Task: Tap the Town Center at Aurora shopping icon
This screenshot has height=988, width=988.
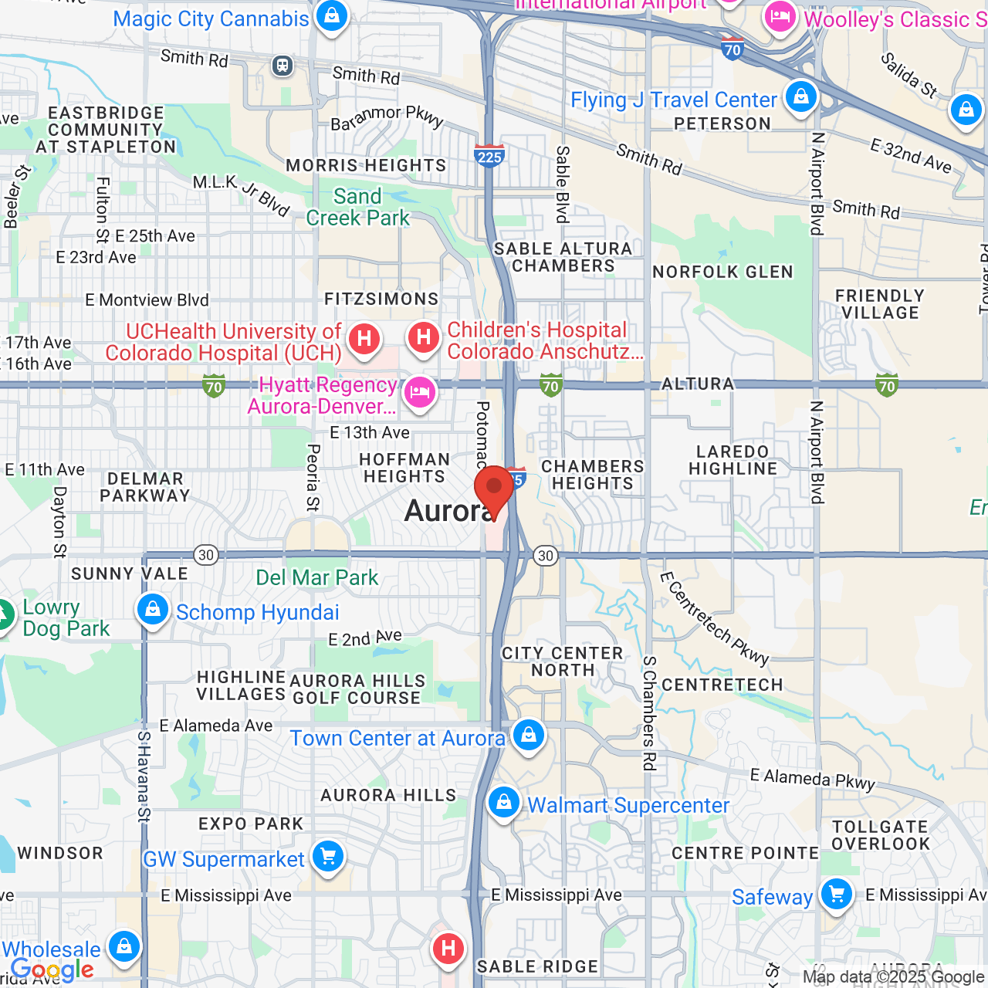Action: click(x=529, y=734)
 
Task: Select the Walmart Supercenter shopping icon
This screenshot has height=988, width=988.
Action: click(x=504, y=802)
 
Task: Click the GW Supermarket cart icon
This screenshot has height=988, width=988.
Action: click(x=328, y=856)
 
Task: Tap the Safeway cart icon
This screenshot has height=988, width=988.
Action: click(x=837, y=894)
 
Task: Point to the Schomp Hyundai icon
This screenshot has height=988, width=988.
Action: click(x=153, y=610)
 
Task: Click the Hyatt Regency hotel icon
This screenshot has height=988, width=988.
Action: click(x=419, y=392)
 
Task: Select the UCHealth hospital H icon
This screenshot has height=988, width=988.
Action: click(x=364, y=338)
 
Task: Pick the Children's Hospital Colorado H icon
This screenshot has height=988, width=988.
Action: click(x=423, y=337)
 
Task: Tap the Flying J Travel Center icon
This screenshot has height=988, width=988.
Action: click(x=801, y=96)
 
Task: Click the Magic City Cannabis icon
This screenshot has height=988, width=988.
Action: click(x=332, y=15)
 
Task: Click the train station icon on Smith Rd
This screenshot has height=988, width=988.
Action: click(x=283, y=65)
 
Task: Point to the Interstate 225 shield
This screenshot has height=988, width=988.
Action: click(x=489, y=157)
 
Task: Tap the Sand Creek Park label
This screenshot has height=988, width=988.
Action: click(x=357, y=207)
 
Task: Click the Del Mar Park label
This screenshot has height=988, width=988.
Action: click(x=316, y=577)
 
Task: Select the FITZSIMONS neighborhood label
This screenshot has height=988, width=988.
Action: click(x=381, y=299)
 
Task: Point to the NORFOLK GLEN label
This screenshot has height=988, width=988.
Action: click(x=722, y=272)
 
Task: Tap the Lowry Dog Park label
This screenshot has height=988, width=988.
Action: click(x=66, y=617)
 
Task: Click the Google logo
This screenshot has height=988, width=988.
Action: click(x=52, y=969)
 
